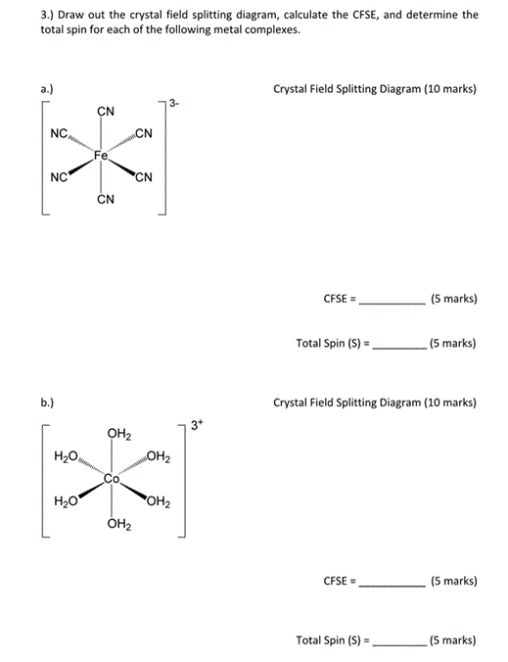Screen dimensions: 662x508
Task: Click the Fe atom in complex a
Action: (x=102, y=155)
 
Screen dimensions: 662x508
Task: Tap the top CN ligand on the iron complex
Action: (x=105, y=112)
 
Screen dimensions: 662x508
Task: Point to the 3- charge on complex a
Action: (x=173, y=103)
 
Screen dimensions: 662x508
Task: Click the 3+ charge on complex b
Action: (x=196, y=425)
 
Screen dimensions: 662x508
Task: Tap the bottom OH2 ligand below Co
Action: (x=118, y=525)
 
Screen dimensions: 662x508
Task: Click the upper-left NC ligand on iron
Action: (x=59, y=134)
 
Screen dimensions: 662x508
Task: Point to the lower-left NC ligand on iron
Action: (x=59, y=178)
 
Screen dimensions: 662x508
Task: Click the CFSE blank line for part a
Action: (x=393, y=304)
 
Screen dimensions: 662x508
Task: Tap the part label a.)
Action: (x=47, y=89)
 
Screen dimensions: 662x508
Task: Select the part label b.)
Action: (x=47, y=402)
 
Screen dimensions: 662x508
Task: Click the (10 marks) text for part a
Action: (x=448, y=89)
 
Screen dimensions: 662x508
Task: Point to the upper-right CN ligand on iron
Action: (x=143, y=134)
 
